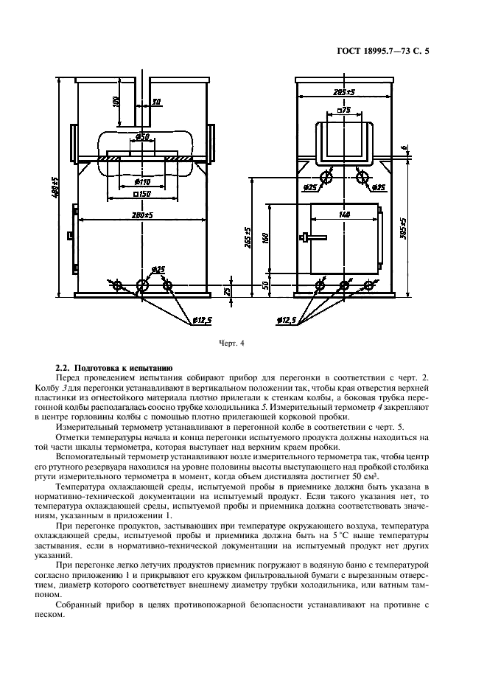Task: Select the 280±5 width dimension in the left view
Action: [138, 215]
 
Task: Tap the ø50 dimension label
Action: [144, 138]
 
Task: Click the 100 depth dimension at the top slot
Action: [116, 101]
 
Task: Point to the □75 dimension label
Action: [343, 111]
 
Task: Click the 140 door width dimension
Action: [344, 215]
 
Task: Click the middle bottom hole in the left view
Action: [142, 285]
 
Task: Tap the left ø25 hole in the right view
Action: [325, 176]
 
